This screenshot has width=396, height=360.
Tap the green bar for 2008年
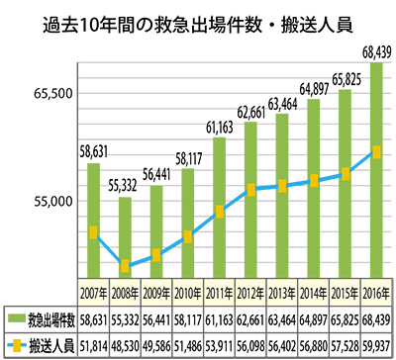click(124, 237)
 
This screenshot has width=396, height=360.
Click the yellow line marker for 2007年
click(93, 232)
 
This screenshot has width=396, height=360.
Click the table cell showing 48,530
click(124, 345)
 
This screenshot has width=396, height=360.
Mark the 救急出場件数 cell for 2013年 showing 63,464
click(281, 319)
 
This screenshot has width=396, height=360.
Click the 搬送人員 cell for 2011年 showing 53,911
click(219, 345)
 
